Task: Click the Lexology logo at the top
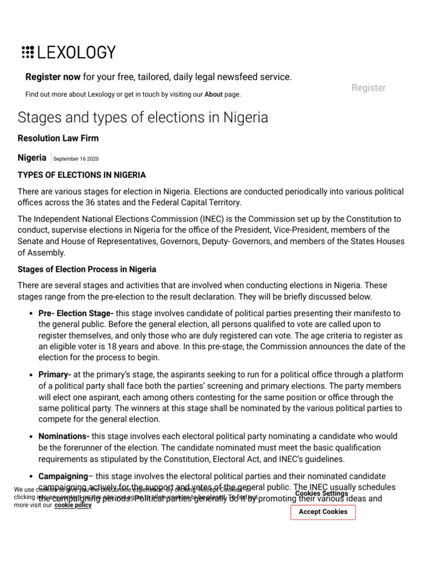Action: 69,53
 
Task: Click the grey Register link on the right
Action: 369,88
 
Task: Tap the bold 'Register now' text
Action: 53,77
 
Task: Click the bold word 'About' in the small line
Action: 213,95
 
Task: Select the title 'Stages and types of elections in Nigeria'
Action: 143,118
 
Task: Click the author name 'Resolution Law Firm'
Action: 58,138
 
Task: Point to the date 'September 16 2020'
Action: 76,159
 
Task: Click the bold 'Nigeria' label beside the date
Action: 32,158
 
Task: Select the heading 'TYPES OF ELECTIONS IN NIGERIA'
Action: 82,175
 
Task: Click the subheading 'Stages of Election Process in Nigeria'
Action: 87,269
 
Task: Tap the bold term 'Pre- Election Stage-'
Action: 76,313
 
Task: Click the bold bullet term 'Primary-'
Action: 55,375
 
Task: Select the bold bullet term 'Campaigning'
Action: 63,476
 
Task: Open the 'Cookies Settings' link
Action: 322,493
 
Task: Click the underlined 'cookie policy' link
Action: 73,505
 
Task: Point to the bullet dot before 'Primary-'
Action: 30,375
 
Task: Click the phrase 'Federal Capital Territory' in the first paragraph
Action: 195,203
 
